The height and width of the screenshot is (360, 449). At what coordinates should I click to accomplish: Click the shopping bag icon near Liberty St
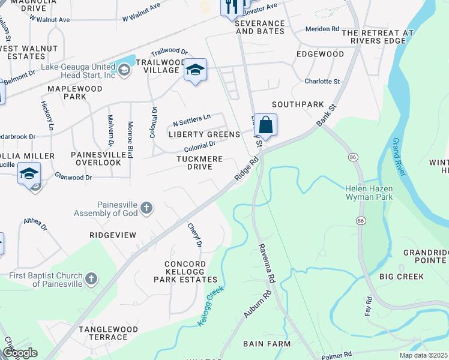265,125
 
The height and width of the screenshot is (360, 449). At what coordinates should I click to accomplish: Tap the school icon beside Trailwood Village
195,71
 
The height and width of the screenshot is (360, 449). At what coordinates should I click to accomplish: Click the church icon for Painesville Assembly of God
146,209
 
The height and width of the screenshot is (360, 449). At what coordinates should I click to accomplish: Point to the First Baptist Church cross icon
91,279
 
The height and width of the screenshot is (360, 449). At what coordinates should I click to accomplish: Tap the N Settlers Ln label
191,117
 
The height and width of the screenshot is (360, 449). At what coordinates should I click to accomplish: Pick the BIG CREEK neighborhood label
402,277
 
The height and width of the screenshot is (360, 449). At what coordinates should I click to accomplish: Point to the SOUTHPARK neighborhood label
297,104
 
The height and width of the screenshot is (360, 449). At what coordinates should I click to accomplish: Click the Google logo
19,353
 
